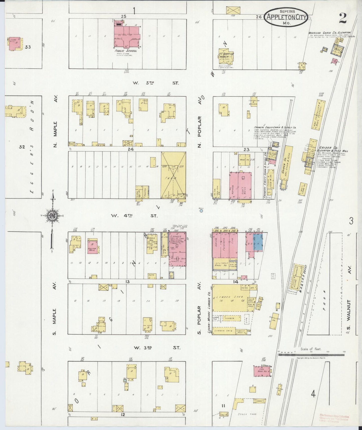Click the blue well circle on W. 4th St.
pos(201,211)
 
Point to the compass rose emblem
pos(53,215)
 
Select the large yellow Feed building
pos(173,176)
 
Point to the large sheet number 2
pos(343,18)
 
